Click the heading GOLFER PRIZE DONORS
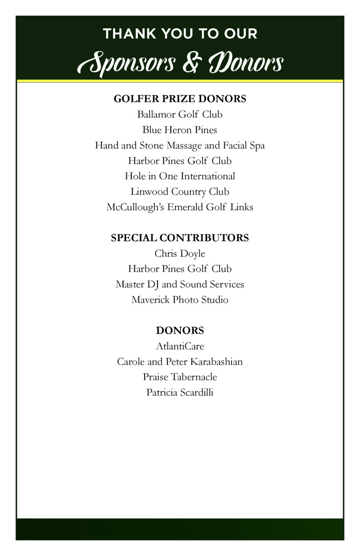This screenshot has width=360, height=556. coord(180,99)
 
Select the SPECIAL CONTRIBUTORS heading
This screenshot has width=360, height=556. coord(180,238)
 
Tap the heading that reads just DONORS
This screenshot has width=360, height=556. coord(180,331)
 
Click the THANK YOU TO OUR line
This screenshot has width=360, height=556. coord(180,34)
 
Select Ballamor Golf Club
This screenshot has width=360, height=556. coord(180,115)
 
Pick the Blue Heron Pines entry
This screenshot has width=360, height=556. coord(180,130)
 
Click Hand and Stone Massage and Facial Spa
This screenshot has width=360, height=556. coord(180,146)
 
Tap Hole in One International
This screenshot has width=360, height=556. coord(180,176)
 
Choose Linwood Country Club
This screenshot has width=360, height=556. coord(180,192)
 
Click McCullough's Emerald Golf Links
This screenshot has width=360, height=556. coord(180,207)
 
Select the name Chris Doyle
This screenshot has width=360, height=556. coord(180,254)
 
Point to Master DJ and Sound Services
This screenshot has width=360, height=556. coord(180,285)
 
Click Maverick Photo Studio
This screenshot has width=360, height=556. coord(180,300)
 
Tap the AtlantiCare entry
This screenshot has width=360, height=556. coord(180,346)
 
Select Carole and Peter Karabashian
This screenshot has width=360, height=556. coord(180,362)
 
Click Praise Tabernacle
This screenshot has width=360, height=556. coord(180,377)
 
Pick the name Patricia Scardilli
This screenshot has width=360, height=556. coord(180,393)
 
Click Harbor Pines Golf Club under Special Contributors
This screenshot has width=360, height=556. coord(180,269)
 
